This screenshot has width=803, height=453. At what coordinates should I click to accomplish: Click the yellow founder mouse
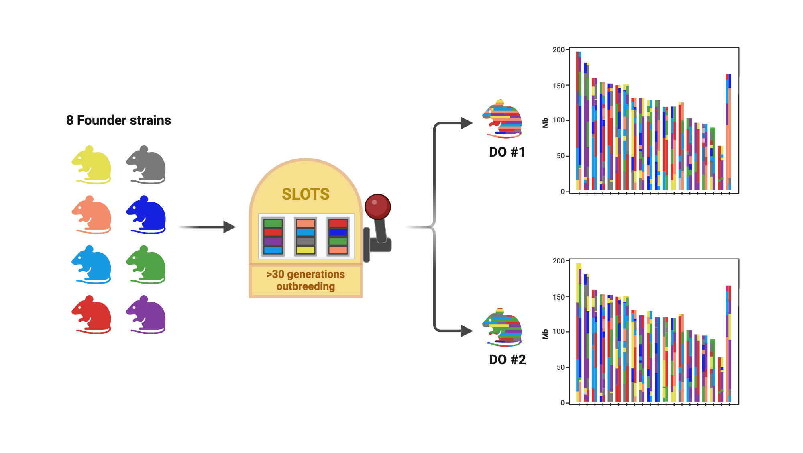pyautogui.click(x=92, y=165)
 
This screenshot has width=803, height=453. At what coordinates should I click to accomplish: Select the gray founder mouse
pyautogui.click(x=147, y=165)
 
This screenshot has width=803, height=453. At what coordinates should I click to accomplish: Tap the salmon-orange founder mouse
pyautogui.click(x=92, y=215)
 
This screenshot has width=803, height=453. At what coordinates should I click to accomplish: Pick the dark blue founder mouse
pyautogui.click(x=147, y=215)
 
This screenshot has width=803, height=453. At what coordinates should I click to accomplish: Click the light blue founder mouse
pyautogui.click(x=92, y=265)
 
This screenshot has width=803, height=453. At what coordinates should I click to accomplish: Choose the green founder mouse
pyautogui.click(x=147, y=265)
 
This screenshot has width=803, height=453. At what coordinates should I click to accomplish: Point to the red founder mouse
pyautogui.click(x=92, y=315)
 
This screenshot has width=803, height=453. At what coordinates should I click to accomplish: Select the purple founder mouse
pyautogui.click(x=147, y=315)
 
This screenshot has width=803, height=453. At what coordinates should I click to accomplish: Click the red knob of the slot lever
pyautogui.click(x=377, y=206)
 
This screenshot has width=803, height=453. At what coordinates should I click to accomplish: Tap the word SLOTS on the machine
pyautogui.click(x=306, y=194)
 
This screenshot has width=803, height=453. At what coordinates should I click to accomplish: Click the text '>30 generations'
pyautogui.click(x=306, y=274)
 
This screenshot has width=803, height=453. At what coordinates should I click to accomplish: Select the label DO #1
pyautogui.click(x=507, y=152)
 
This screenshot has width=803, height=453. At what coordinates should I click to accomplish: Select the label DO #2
pyautogui.click(x=507, y=359)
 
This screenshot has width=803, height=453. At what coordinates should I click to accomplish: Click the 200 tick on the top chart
pyautogui.click(x=558, y=50)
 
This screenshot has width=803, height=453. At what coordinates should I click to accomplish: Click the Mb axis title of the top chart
pyautogui.click(x=545, y=123)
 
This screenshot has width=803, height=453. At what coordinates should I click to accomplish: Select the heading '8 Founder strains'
pyautogui.click(x=118, y=120)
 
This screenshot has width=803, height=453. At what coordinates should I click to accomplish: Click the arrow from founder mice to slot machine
pyautogui.click(x=207, y=227)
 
